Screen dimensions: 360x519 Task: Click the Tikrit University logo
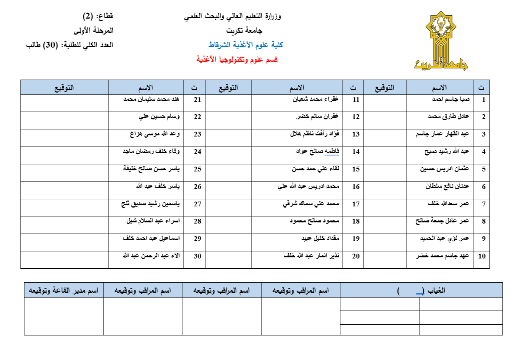(441, 41)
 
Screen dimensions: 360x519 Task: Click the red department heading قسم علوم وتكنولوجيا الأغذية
(237, 60)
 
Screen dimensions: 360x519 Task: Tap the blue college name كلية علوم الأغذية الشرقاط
(246, 45)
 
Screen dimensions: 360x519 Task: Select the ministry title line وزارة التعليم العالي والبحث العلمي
(232, 16)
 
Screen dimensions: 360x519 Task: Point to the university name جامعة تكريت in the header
(244, 30)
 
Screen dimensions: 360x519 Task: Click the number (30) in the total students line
(51, 45)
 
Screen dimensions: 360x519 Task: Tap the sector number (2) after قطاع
(88, 16)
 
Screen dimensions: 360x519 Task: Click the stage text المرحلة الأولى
(93, 30)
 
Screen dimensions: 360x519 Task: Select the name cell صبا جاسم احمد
(451, 99)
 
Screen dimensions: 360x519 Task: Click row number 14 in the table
(356, 152)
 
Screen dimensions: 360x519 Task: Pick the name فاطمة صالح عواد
(317, 151)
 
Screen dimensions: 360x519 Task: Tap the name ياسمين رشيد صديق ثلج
(151, 204)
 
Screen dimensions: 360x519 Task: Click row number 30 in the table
(197, 256)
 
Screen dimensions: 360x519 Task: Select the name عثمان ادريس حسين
(444, 169)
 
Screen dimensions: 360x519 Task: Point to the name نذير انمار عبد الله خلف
(311, 256)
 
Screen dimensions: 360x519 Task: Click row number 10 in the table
(482, 256)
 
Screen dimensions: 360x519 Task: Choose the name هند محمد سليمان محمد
(151, 99)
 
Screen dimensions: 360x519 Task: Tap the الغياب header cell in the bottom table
(421, 290)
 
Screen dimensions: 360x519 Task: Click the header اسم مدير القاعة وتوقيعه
(64, 290)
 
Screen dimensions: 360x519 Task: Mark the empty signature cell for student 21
(64, 103)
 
